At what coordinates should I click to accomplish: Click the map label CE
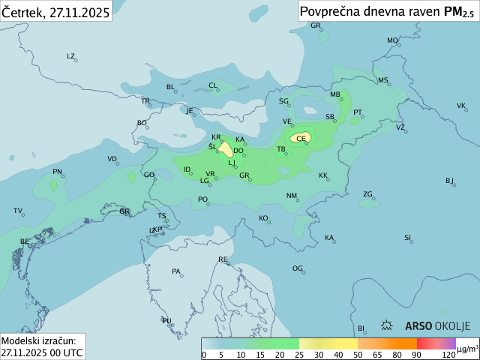(301, 138)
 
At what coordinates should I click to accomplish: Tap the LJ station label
(232, 163)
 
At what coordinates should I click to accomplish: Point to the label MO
(392, 40)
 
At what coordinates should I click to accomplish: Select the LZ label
(71, 56)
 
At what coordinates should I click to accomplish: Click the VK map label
(461, 106)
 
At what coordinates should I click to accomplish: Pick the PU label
(166, 321)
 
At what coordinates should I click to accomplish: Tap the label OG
(298, 268)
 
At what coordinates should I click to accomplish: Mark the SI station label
(408, 238)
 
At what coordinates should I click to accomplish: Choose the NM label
(292, 196)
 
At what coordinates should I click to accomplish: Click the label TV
(18, 211)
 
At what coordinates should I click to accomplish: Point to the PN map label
(57, 172)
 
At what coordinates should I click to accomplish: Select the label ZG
(367, 194)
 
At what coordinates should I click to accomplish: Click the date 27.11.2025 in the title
(79, 12)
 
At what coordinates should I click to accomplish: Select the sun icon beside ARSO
(388, 325)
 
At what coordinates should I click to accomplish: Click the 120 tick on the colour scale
(448, 354)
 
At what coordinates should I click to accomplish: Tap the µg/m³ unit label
(467, 348)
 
